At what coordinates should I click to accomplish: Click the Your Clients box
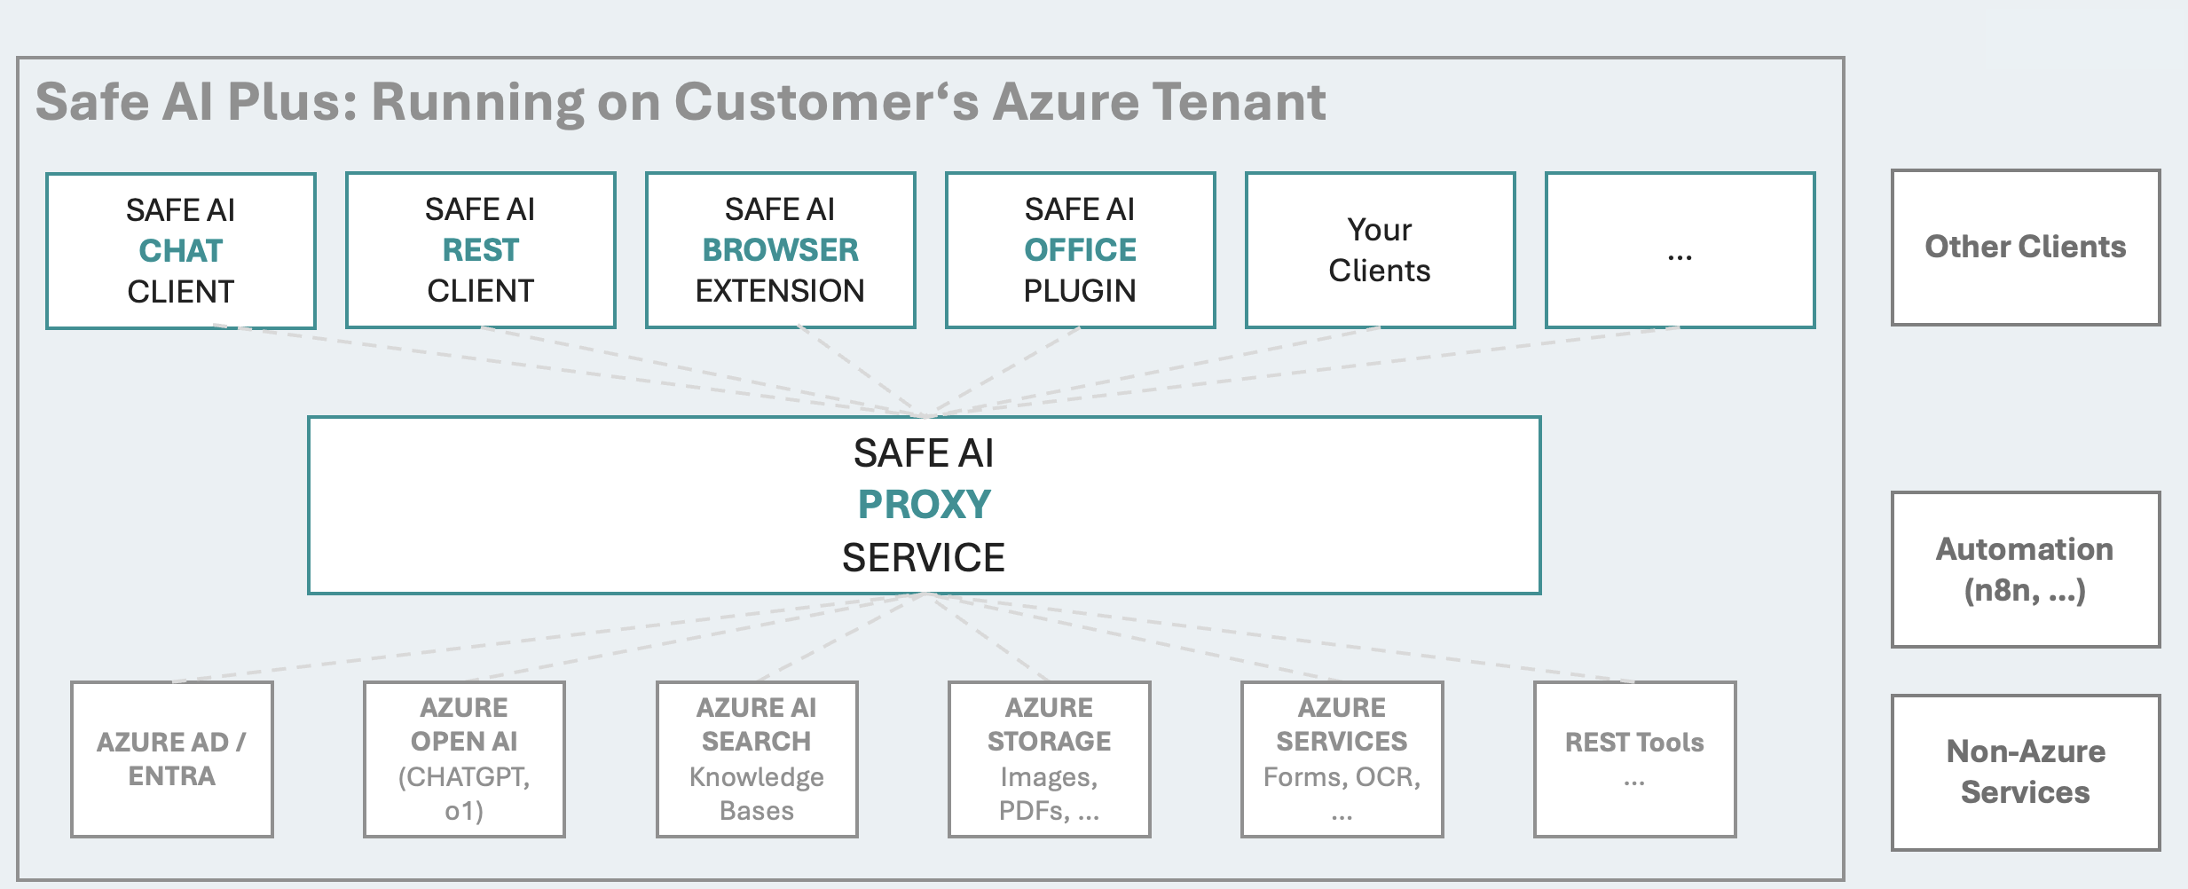point(1380,250)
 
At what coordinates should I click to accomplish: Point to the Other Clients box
point(2026,248)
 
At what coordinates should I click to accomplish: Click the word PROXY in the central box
point(924,505)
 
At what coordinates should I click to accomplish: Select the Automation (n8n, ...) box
point(2026,570)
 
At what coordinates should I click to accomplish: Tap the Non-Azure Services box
point(2026,772)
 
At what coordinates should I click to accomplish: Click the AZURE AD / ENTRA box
point(172,759)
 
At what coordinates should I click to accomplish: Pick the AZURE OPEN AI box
point(464,759)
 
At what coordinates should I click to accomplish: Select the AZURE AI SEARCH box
point(757,759)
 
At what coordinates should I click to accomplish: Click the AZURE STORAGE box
point(1050,759)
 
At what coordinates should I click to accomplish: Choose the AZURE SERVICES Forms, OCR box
point(1342,759)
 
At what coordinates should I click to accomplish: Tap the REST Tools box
point(1634,759)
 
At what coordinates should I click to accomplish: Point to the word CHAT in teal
point(181,251)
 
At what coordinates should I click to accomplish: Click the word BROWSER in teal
point(780,250)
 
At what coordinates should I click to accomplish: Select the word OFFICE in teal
point(1080,250)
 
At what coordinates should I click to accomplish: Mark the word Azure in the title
point(1064,102)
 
